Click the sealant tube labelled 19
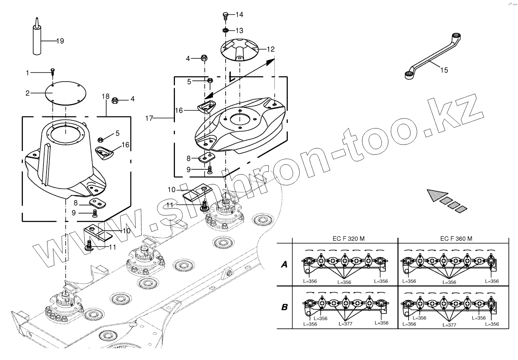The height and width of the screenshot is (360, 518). [37, 40]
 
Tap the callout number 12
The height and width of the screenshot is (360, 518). [270, 49]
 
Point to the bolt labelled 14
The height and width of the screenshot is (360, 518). [225, 16]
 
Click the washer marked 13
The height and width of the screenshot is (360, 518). [226, 30]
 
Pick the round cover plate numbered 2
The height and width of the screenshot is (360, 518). [66, 92]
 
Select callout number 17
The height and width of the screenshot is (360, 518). [149, 119]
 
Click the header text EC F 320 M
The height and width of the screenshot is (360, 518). [346, 239]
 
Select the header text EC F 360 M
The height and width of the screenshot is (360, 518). [456, 239]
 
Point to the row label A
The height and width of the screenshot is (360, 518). [284, 264]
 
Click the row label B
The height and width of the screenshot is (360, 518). [284, 307]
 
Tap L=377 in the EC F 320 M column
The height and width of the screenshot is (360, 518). [345, 324]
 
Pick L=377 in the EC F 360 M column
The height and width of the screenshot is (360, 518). [449, 325]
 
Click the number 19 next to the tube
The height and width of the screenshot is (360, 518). [60, 41]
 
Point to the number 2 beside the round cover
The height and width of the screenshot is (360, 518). [27, 93]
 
